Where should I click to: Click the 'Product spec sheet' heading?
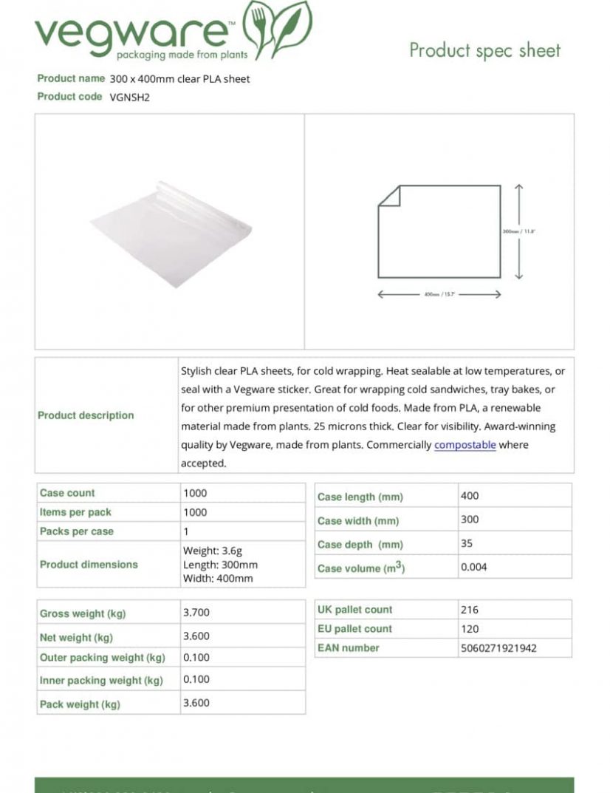tap(484, 50)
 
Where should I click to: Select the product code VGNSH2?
tap(130, 97)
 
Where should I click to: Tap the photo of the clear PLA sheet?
tap(171, 233)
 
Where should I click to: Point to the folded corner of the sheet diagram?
tap(389, 195)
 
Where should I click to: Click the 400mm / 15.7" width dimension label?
tap(439, 294)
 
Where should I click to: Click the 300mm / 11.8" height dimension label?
tap(518, 231)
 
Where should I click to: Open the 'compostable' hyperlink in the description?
tap(465, 445)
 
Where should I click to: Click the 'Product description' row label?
tap(86, 415)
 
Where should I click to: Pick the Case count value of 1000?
tap(195, 493)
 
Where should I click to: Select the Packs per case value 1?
tap(186, 531)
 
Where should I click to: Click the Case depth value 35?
tap(467, 543)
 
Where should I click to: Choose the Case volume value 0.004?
tap(473, 568)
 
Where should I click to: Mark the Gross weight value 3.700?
tap(196, 613)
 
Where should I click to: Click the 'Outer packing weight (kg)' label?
tap(102, 658)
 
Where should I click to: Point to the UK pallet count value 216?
tap(469, 610)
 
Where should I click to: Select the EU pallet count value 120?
tap(469, 629)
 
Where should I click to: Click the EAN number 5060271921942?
tap(498, 648)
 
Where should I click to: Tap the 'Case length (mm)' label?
tap(360, 497)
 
